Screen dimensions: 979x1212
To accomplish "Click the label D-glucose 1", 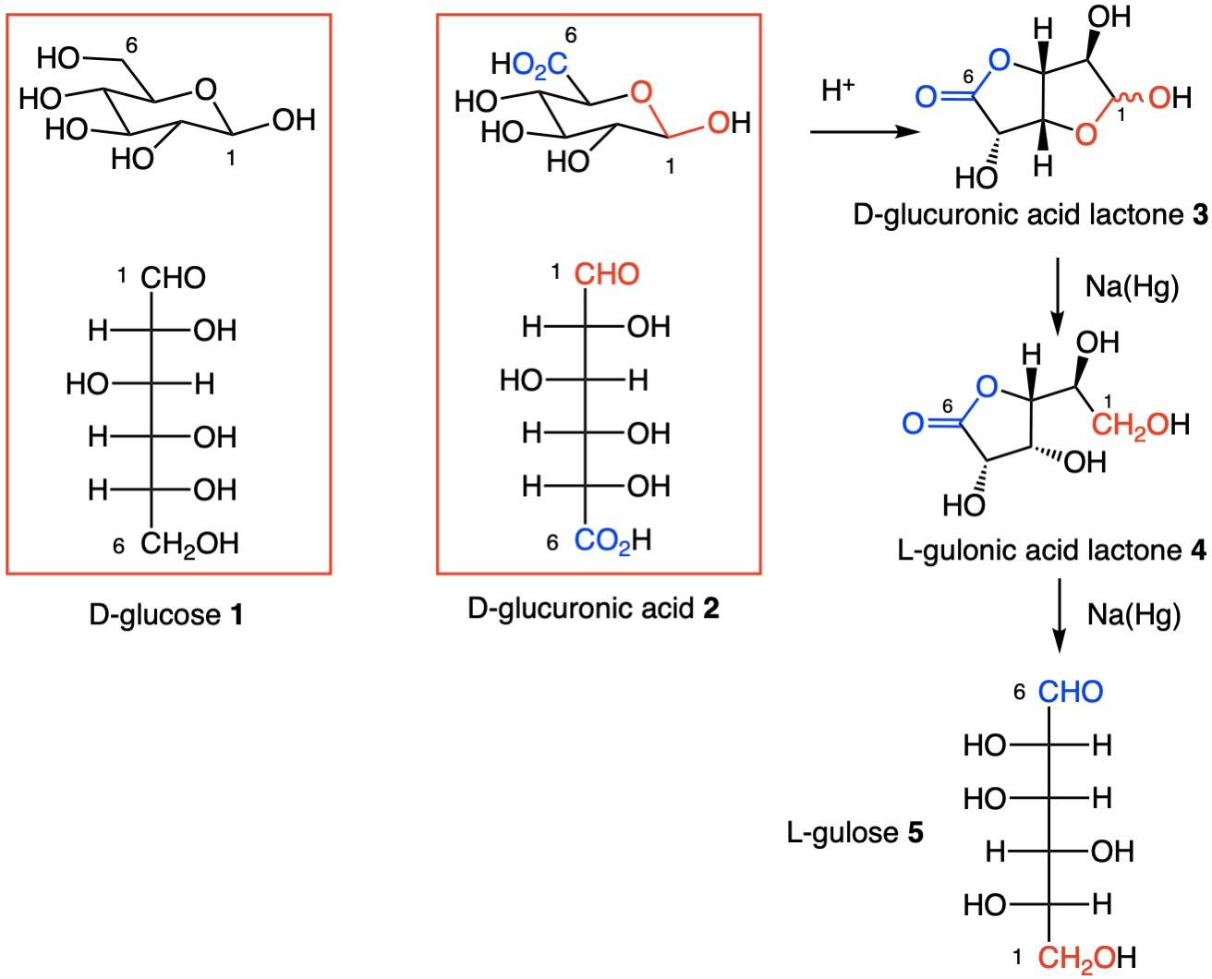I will pos(166,614).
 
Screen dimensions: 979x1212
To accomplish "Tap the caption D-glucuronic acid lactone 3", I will pos(1029,216).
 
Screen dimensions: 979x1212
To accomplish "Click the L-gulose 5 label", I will pos(854,833).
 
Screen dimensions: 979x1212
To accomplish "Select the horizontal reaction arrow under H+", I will pos(865,133).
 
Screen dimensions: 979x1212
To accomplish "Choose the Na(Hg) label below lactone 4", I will pos(1133,614).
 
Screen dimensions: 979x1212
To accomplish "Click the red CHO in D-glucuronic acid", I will pos(607,274).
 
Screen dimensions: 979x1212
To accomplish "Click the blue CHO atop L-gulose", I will pos(1071,692).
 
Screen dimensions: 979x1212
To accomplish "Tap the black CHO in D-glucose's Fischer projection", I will pos(174,277).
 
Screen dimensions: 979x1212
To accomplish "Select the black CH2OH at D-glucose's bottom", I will pos(189,544).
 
